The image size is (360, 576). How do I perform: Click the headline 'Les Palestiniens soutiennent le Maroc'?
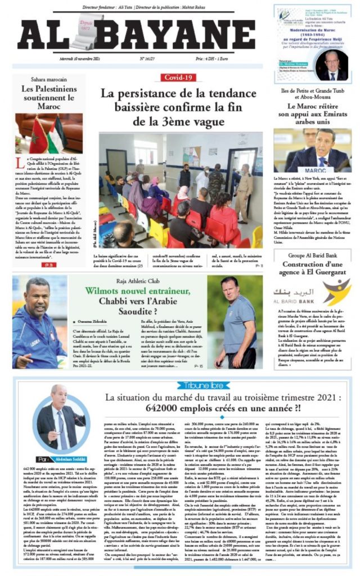49,97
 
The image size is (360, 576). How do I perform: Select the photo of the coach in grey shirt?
235,322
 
